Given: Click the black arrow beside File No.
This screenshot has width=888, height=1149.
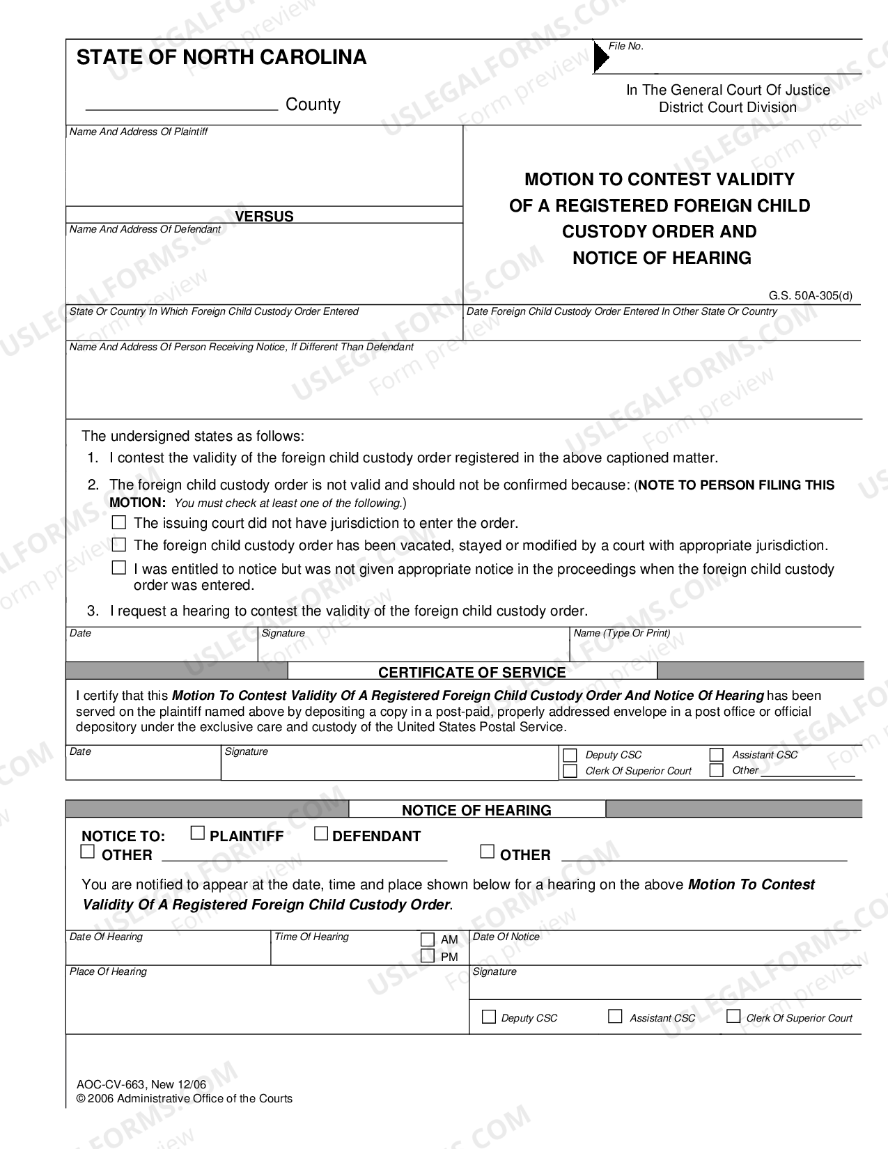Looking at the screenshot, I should [x=600, y=57].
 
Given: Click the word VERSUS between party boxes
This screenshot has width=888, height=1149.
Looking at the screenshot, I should [x=264, y=217].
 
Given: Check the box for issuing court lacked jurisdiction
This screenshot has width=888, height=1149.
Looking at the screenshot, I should [x=119, y=522].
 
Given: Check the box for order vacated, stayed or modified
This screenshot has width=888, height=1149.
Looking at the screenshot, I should [x=119, y=545].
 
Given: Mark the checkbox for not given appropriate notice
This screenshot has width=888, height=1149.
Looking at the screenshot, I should [x=119, y=568].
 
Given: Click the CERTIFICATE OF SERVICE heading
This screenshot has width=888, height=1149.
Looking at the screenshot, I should [x=472, y=672].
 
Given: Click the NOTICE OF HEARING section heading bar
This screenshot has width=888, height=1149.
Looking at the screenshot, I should [x=476, y=810].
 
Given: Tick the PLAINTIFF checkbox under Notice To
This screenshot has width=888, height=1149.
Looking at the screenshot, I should [x=198, y=833].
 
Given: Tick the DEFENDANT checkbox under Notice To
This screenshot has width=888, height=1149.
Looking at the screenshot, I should [x=321, y=833].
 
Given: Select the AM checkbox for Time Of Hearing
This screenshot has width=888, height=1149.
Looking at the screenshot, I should [x=428, y=939].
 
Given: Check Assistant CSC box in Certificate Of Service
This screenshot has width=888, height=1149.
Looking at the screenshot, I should [x=716, y=755].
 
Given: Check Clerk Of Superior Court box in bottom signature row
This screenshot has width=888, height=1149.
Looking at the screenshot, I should [x=733, y=1017].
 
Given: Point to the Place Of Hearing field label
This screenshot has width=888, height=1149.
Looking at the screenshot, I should [x=108, y=971].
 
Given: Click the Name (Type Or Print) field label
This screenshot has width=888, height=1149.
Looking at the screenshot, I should [x=621, y=633].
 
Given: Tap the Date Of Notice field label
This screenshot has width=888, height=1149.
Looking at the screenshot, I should [x=506, y=937].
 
